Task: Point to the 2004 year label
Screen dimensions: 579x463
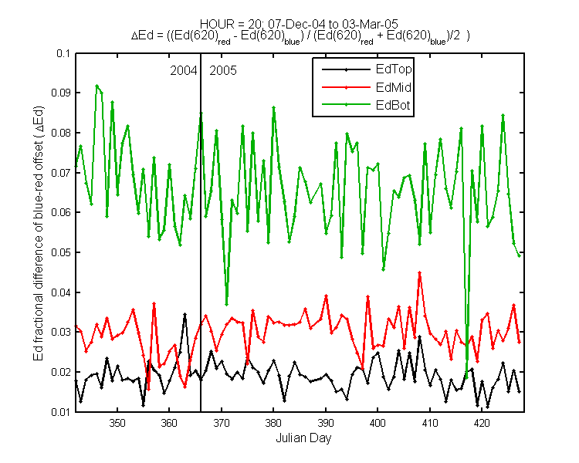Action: click(x=184, y=70)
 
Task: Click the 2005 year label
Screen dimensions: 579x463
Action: click(x=223, y=70)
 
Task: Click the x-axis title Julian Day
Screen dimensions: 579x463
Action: click(x=303, y=438)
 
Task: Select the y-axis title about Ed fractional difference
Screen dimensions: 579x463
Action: click(x=39, y=233)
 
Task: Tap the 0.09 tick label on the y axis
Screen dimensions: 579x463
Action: click(x=60, y=93)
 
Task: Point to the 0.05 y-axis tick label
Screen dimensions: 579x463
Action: click(x=60, y=252)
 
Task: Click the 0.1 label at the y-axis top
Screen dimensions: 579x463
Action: click(x=63, y=53)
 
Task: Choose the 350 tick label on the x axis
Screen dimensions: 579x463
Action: click(x=117, y=423)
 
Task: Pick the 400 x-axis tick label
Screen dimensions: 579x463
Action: click(x=378, y=423)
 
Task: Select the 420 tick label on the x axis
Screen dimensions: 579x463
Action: click(x=482, y=423)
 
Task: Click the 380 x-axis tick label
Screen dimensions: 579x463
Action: click(x=273, y=423)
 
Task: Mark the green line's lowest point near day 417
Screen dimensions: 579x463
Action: click(x=467, y=377)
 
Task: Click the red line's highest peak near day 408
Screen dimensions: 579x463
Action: click(x=419, y=272)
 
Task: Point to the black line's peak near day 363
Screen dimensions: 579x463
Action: click(x=185, y=314)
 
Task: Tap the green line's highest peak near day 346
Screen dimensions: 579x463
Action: click(x=96, y=86)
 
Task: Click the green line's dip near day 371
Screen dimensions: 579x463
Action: click(x=226, y=305)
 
